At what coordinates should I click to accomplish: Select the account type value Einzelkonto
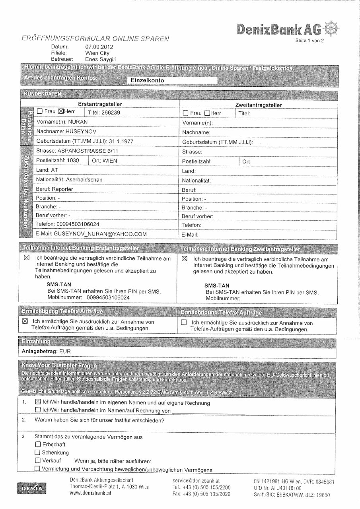pyautogui.click(x=148, y=80)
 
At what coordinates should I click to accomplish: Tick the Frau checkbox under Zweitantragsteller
pyautogui.click(x=185, y=113)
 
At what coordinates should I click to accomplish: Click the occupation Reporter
pyautogui.click(x=62, y=189)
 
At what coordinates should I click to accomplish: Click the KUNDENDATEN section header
pyautogui.click(x=43, y=94)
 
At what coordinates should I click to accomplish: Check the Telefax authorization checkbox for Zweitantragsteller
pyautogui.click(x=184, y=322)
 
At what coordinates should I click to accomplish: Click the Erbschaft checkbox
pyautogui.click(x=38, y=444)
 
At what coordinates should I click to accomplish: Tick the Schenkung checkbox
pyautogui.click(x=38, y=453)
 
